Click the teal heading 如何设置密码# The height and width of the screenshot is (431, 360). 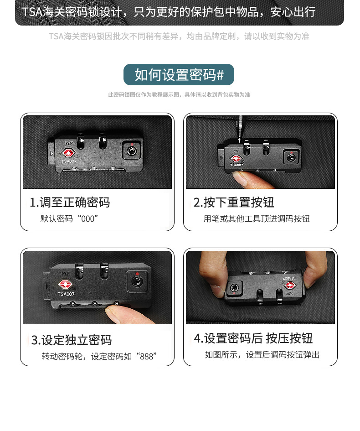coord(179,75)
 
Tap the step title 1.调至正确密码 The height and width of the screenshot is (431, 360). coord(70,203)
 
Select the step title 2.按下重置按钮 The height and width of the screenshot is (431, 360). coord(234,203)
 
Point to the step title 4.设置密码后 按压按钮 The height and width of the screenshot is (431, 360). coord(253,338)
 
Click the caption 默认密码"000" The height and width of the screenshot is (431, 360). coord(69,219)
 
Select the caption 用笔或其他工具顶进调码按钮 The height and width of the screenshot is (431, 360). coord(257,219)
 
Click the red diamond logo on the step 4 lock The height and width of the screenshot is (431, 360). coord(290,286)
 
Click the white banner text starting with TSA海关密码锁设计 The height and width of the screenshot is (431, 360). coord(169,11)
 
